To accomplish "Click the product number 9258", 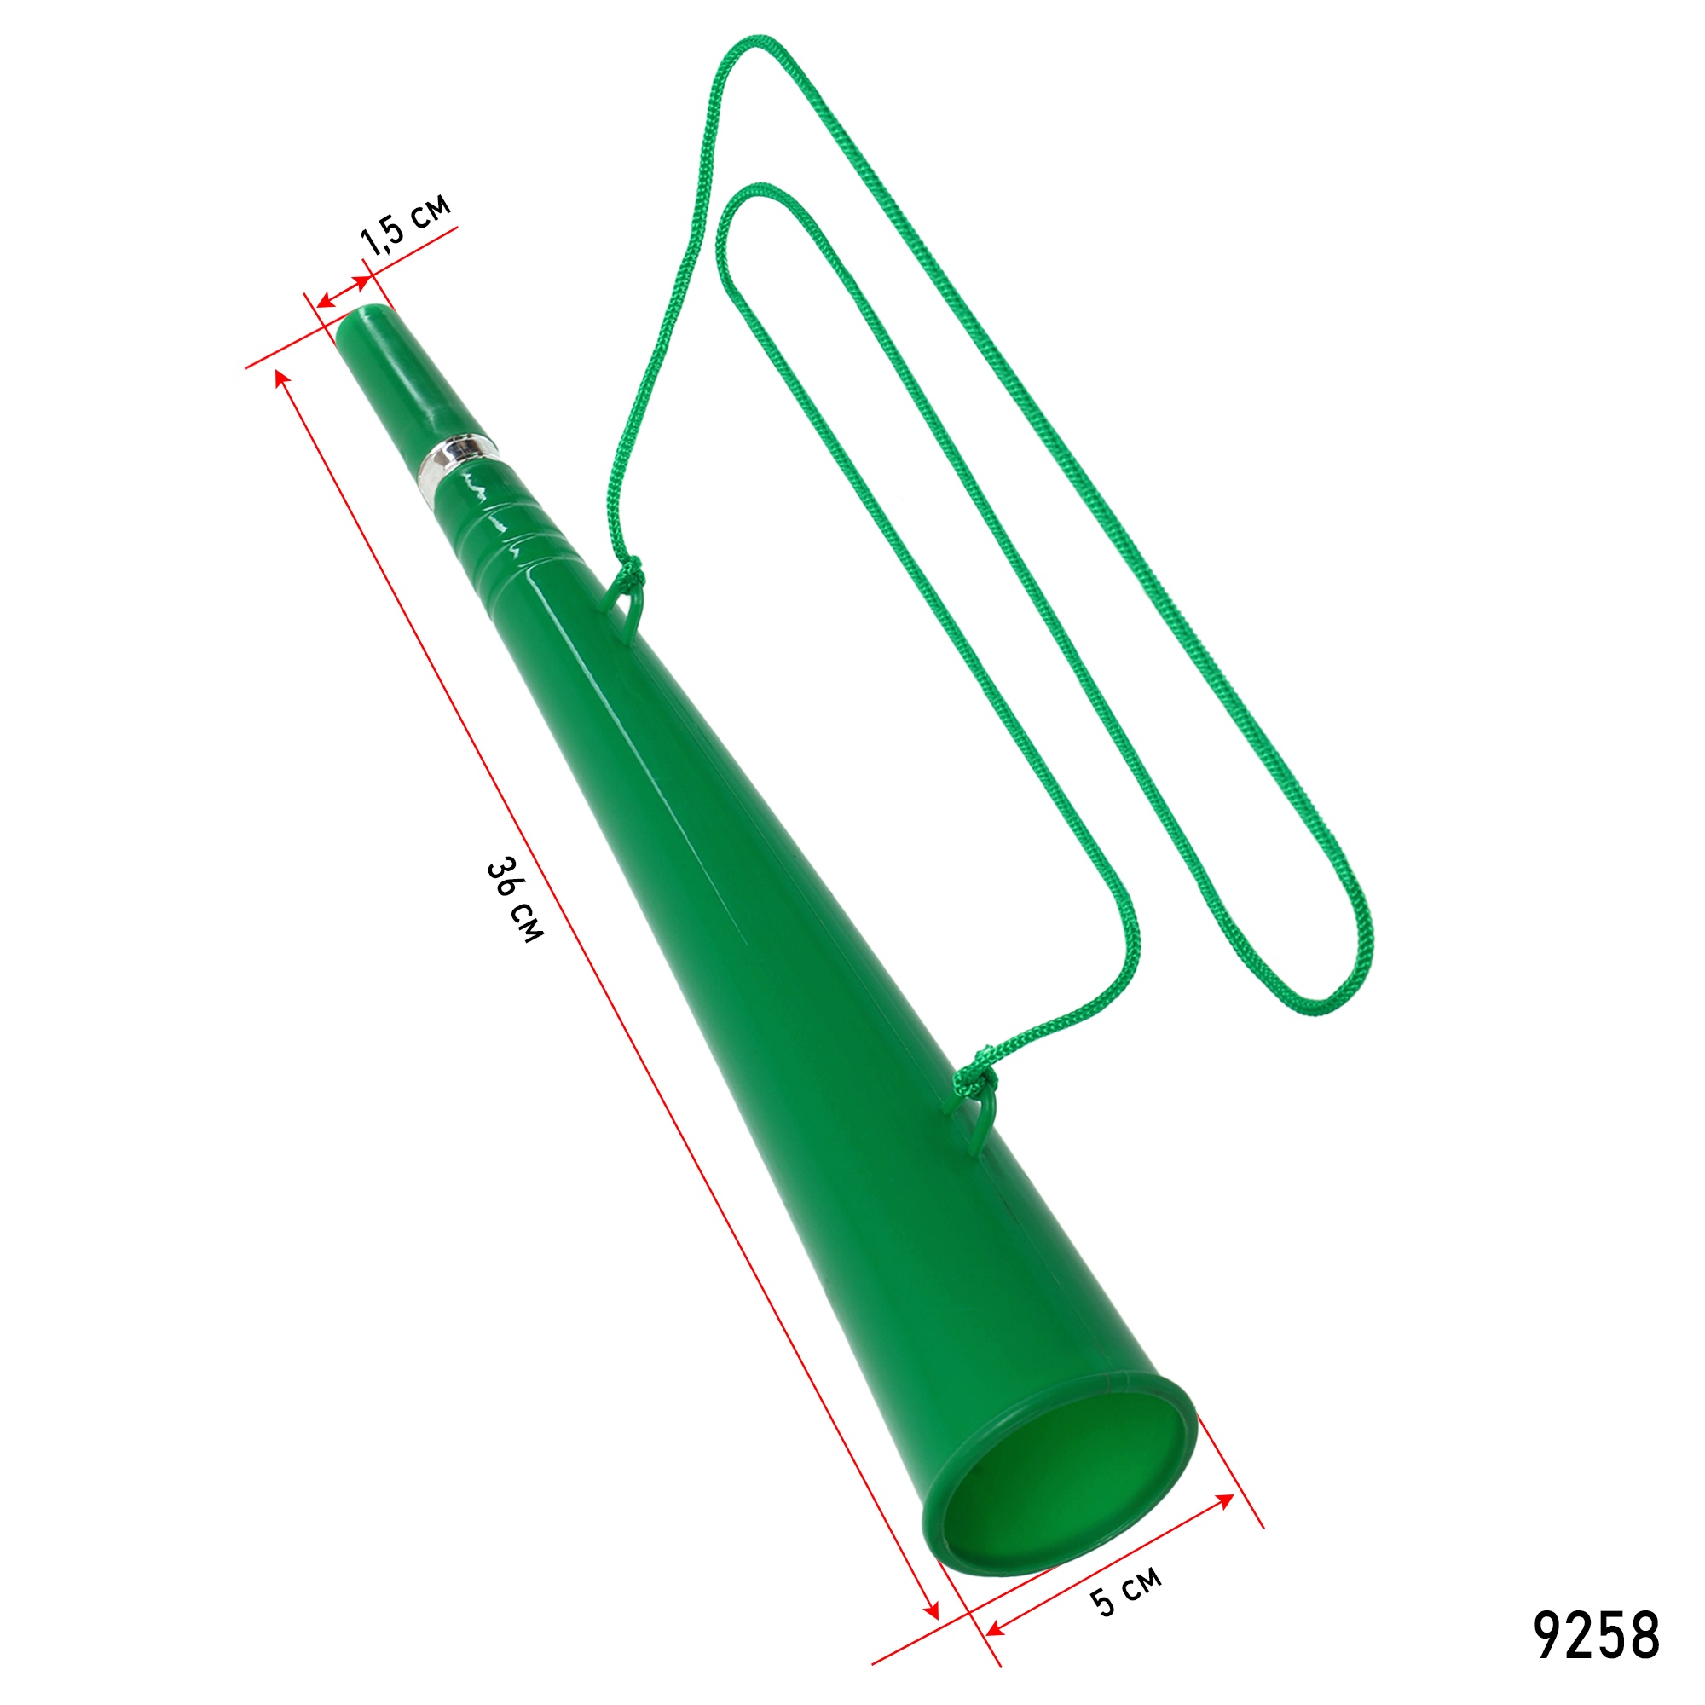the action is [1597, 1635].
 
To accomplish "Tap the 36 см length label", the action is [516, 899].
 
